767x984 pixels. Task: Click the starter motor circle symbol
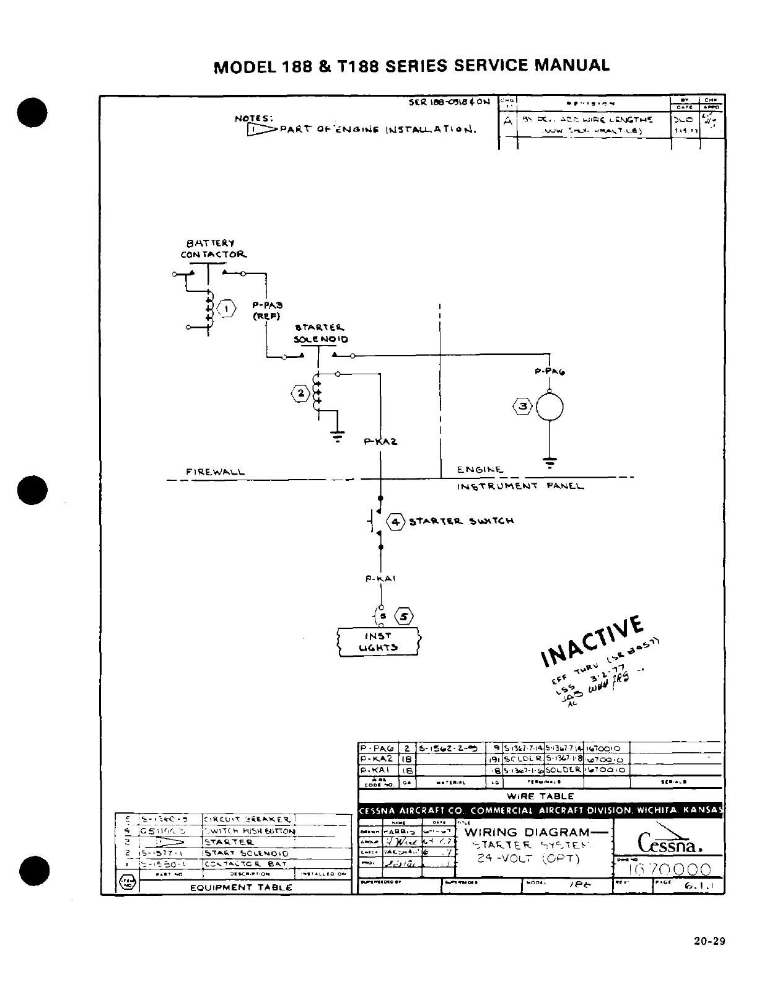coord(550,407)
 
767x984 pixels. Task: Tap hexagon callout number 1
coord(227,309)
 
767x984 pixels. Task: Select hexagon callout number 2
coord(300,393)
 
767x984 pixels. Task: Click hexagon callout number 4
coord(395,522)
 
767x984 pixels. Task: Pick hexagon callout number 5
coord(404,617)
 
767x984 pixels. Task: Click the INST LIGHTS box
coord(378,642)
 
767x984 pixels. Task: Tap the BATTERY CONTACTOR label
coord(213,249)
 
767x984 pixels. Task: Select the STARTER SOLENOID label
coord(321,333)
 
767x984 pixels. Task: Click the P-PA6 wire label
coord(550,372)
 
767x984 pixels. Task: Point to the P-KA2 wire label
coord(380,442)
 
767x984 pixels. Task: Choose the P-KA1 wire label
coord(380,579)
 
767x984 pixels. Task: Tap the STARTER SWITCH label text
coord(461,522)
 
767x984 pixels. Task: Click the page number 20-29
coord(709,942)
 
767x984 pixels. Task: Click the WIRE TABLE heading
coord(540,796)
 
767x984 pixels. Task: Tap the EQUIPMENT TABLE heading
coord(241,887)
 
